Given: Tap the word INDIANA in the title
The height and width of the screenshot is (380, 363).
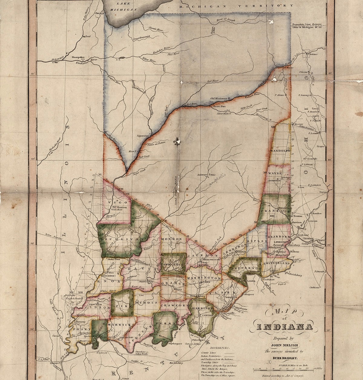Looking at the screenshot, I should pyautogui.click(x=280, y=327).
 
